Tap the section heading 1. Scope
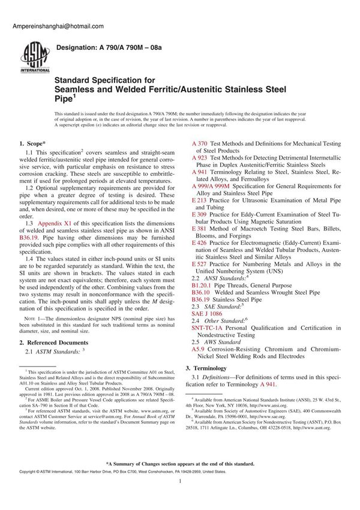tap(31, 143)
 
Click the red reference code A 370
tap(200, 144)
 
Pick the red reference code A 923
tap(200, 157)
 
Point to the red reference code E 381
tap(199, 228)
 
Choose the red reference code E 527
tap(199, 264)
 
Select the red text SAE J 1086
tap(207, 313)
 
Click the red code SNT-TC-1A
tap(209, 328)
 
